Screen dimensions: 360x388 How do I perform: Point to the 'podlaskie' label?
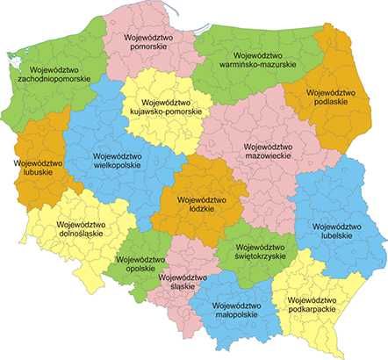tap(334, 101)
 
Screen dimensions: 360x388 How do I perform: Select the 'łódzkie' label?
tap(201, 211)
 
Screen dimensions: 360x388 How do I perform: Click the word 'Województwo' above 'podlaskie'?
tap(334, 90)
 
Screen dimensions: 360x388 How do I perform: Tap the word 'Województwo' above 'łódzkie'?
tap(201, 200)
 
